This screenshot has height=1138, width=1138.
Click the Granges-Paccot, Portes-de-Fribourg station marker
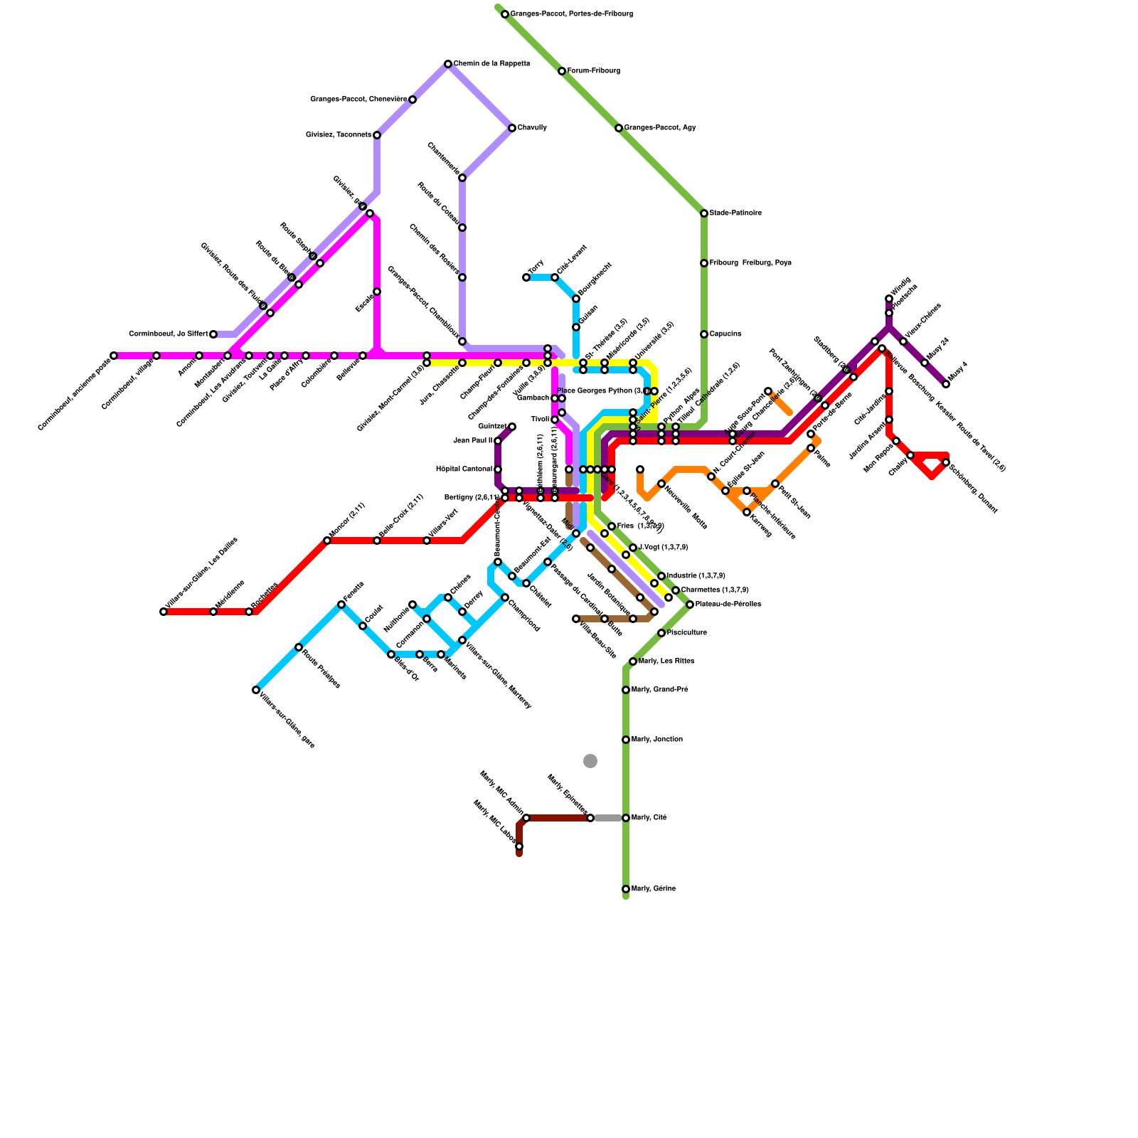[505, 14]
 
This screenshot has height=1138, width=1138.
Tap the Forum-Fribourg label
[594, 71]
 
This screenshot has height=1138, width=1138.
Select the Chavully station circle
[512, 128]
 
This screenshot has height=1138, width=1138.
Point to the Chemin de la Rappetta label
[491, 64]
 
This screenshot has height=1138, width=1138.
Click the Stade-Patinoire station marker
[704, 213]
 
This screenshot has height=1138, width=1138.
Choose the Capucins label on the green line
[725, 334]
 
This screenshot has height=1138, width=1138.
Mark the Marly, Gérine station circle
[626, 889]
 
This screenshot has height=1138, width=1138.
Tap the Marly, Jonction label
[657, 740]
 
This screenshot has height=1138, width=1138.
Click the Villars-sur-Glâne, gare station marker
[256, 690]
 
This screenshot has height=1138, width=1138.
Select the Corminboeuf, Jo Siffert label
[169, 334]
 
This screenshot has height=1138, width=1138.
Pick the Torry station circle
[526, 277]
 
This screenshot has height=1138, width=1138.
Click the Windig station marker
[889, 299]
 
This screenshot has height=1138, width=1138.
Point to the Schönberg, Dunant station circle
[946, 462]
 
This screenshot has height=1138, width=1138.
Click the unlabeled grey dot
[590, 761]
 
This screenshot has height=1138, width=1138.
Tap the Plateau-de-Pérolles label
[728, 605]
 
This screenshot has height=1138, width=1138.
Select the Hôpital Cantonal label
[464, 469]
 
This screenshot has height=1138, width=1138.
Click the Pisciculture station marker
[661, 633]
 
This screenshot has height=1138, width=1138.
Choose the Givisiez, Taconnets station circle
[377, 135]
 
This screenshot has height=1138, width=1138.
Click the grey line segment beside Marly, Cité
[608, 818]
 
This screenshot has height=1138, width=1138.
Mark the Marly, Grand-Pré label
[660, 690]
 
